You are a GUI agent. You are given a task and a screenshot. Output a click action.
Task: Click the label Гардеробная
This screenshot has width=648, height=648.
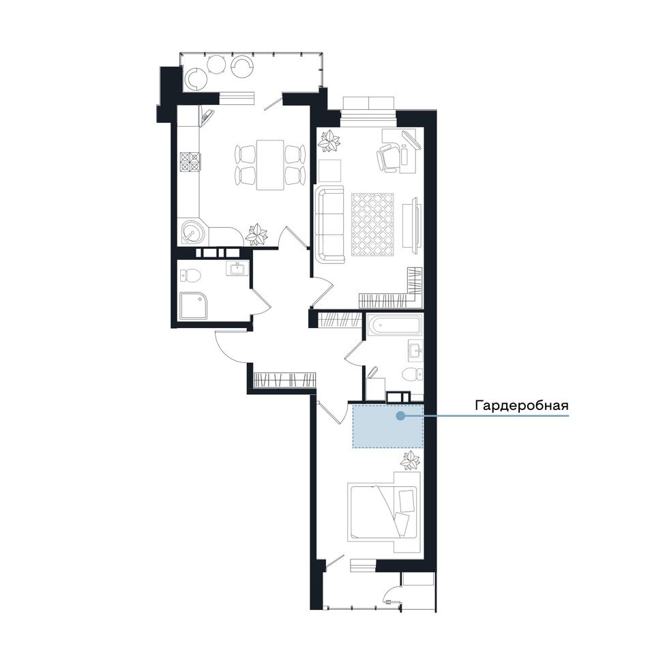point(522,405)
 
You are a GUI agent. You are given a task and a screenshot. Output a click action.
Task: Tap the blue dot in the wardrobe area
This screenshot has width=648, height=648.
point(400,416)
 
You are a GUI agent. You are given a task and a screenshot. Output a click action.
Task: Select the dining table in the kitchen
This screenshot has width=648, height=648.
point(270,165)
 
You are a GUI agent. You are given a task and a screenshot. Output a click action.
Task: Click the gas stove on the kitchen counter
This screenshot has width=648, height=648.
point(190,162)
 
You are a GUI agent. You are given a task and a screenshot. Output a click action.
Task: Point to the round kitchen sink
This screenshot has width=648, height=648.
point(193,232)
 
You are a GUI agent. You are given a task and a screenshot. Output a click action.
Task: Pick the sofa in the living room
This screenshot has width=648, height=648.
point(329,224)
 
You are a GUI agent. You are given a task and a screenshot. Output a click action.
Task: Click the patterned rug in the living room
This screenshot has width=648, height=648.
point(372,224)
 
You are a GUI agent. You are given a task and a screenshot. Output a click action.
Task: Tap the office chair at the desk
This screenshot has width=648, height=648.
point(388,158)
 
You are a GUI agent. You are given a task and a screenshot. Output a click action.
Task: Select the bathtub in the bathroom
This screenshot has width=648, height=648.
point(395,325)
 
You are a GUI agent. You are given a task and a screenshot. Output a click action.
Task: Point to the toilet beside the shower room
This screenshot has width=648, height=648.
point(190,275)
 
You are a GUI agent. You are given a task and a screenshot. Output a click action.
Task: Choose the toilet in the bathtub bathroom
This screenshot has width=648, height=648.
point(413,374)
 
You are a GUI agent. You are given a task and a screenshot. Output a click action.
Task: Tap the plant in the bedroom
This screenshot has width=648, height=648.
point(410,460)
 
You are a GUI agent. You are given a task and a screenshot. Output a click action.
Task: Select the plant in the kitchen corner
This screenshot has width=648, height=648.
point(256,235)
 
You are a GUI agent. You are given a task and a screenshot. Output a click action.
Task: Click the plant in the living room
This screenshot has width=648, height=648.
point(329,142)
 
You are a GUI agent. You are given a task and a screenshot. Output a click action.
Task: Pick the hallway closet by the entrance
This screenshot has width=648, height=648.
point(285,380)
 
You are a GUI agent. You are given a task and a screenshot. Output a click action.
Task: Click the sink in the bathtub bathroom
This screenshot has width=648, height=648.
point(415,349)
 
